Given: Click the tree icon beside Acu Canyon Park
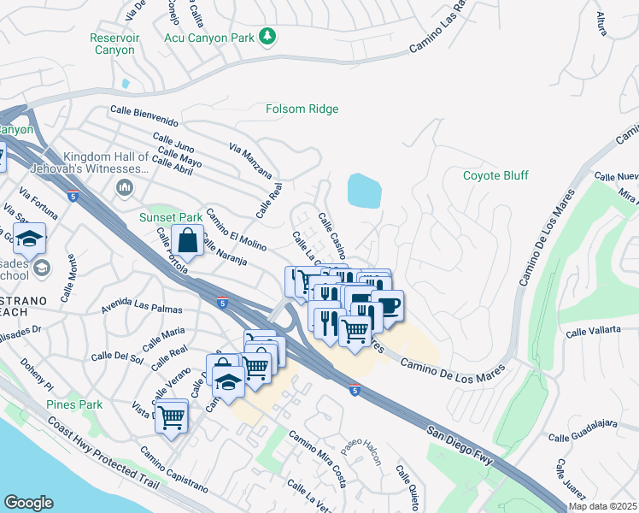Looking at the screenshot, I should tap(268, 35).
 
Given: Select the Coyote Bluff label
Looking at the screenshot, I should tap(495, 175).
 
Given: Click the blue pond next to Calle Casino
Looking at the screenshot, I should tap(365, 190).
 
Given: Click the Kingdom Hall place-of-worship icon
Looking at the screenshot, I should tap(125, 187).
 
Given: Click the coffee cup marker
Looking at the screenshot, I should tap(387, 305).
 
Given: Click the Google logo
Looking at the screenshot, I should tap(28, 502).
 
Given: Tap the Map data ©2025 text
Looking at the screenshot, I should tap(602, 506).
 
